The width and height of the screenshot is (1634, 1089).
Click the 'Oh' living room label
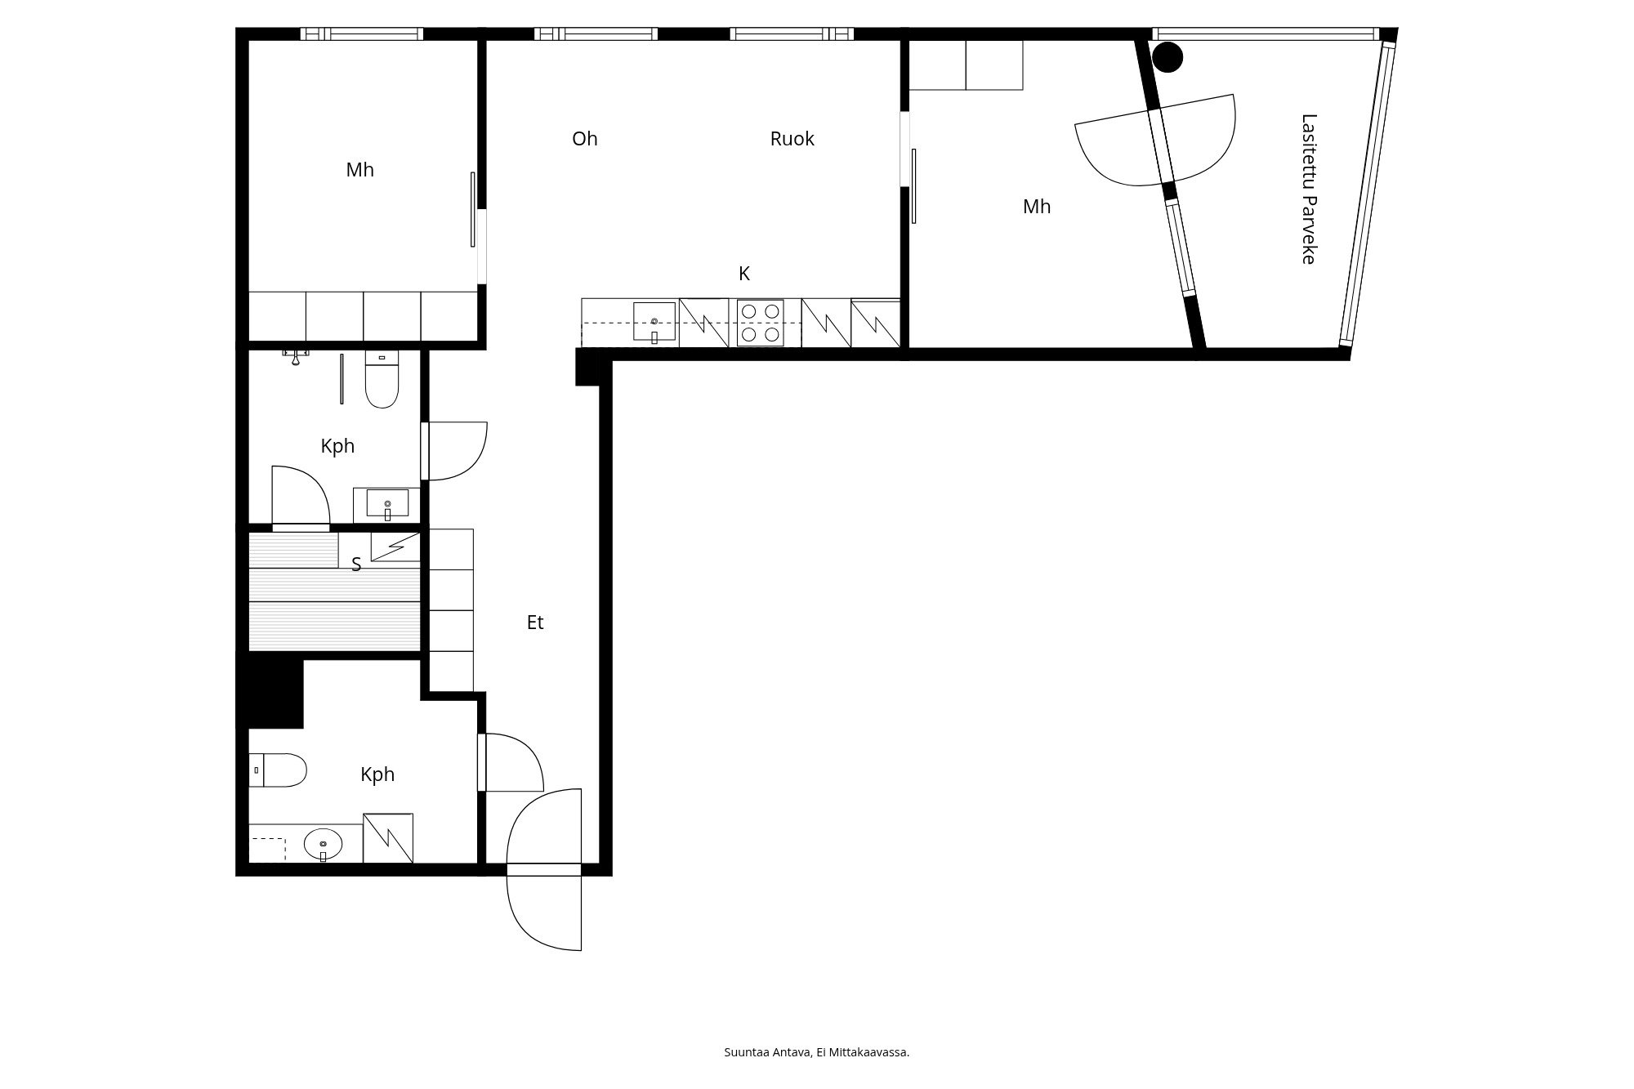(585, 139)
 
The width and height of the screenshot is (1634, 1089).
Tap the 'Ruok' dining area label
(792, 139)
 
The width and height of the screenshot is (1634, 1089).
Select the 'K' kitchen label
(744, 274)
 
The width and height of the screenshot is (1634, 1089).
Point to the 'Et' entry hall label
(535, 623)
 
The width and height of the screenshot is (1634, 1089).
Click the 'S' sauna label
(356, 565)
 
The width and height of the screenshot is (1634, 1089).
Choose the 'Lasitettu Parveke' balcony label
(1309, 189)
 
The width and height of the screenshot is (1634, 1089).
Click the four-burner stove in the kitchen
(761, 323)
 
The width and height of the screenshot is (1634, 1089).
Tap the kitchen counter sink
(654, 322)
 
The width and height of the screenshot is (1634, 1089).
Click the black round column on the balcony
(1167, 56)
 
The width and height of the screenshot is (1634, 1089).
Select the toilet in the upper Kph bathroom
(382, 380)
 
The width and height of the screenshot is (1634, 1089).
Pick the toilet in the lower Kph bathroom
(278, 770)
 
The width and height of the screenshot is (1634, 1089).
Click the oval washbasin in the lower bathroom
(324, 845)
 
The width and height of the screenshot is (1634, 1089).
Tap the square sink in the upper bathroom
(387, 504)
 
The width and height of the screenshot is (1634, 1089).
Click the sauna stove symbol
(395, 547)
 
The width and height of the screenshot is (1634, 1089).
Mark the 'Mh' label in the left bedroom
(360, 170)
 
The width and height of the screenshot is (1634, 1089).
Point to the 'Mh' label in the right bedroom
(1037, 207)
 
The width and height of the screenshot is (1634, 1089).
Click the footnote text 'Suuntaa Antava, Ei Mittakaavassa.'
(817, 1052)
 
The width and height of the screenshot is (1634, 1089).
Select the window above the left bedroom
(361, 33)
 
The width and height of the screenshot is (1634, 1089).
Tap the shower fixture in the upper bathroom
(296, 356)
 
